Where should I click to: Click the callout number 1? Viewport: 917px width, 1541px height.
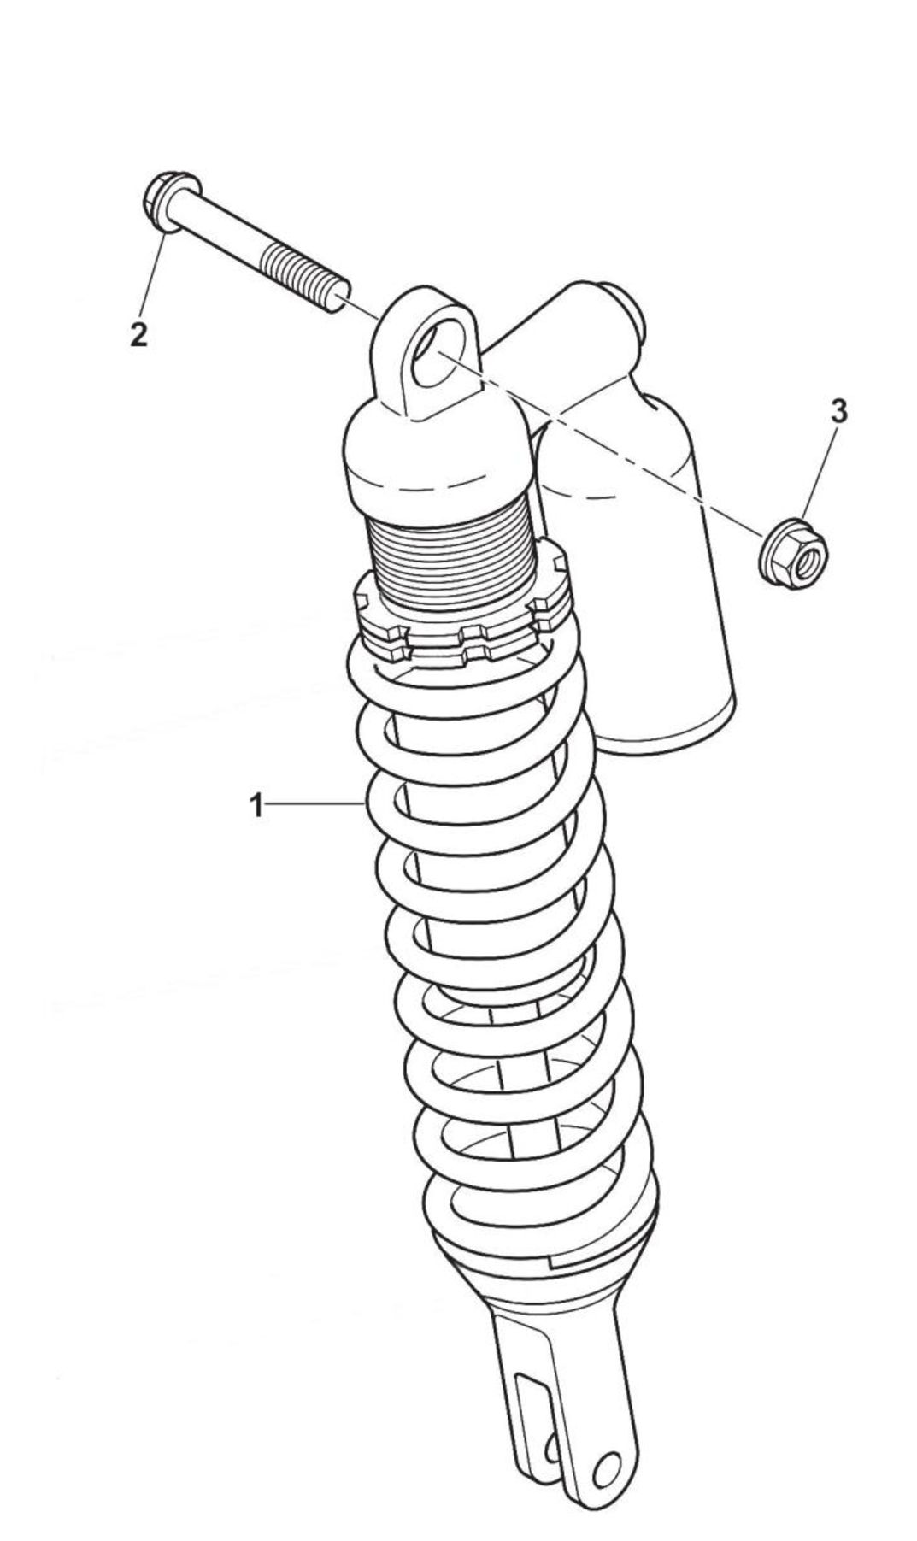pos(256,805)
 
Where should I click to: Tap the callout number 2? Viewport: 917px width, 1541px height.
pos(138,333)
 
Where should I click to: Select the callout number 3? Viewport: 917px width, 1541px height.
pos(838,411)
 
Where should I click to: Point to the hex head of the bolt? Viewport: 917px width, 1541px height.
pos(169,202)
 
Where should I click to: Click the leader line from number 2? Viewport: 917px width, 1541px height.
pos(150,274)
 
